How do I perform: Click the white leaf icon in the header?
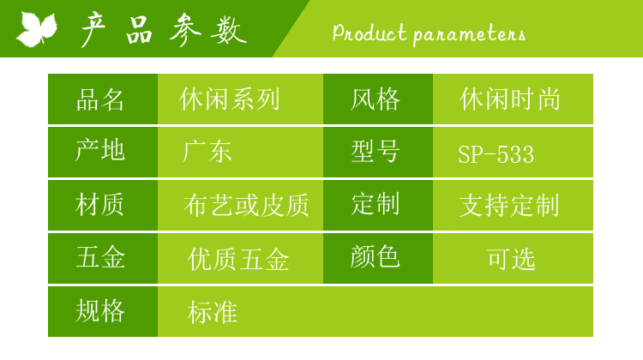[x=37, y=28]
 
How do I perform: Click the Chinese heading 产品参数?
[x=163, y=29]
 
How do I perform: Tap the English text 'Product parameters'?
[x=429, y=33]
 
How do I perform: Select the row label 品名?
[x=100, y=99]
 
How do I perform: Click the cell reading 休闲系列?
[x=230, y=99]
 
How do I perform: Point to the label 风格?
[x=376, y=99]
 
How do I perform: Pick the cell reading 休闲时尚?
[x=510, y=99]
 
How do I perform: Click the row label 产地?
[x=100, y=150]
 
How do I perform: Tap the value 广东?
[x=207, y=152]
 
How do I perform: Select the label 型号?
[x=376, y=152]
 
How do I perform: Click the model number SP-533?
[x=496, y=154]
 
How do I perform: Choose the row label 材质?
[x=99, y=205]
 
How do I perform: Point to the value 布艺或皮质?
[x=246, y=205]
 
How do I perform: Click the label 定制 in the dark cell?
[x=376, y=204]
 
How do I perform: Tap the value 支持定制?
[x=509, y=205]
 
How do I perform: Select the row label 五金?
[x=100, y=257]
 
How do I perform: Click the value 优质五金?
[x=238, y=259]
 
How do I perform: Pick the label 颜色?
[x=375, y=257]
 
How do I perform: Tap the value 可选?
[x=511, y=259]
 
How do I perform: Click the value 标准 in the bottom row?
[x=213, y=312]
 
